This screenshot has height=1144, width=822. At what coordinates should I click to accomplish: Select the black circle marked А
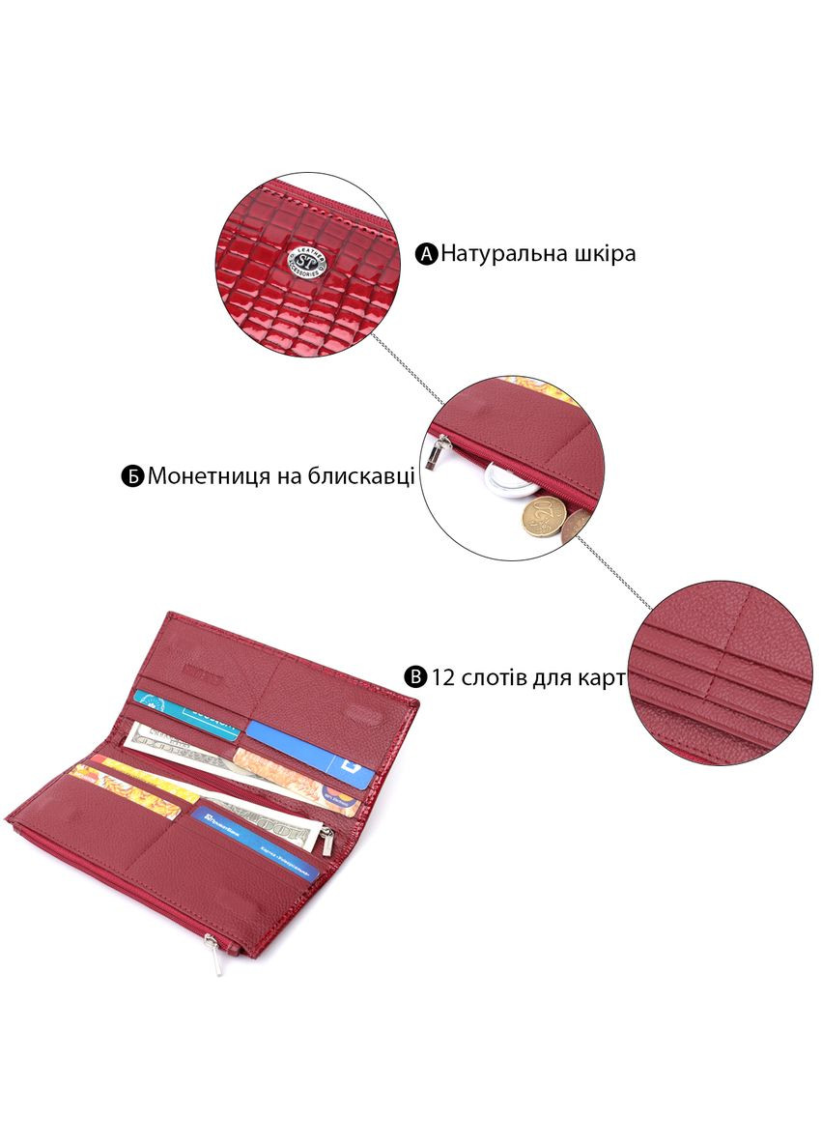tap(427, 255)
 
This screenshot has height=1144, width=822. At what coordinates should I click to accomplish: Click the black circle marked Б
tap(132, 476)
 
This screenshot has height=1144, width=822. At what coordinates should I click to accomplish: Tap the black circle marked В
tap(415, 676)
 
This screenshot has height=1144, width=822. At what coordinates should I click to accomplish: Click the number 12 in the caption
tap(444, 676)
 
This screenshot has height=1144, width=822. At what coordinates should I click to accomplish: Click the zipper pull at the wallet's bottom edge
tap(217, 956)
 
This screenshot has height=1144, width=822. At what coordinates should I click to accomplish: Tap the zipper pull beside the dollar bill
tap(327, 840)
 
